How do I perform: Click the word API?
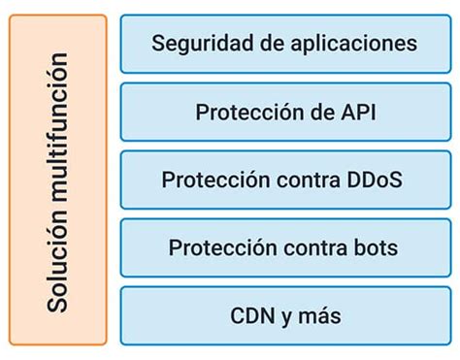tap(357, 112)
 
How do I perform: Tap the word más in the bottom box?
tap(319, 316)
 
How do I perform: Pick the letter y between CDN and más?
tap(287, 317)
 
